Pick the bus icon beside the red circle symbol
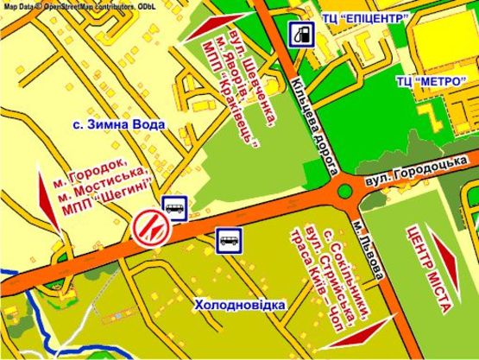[175, 205]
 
